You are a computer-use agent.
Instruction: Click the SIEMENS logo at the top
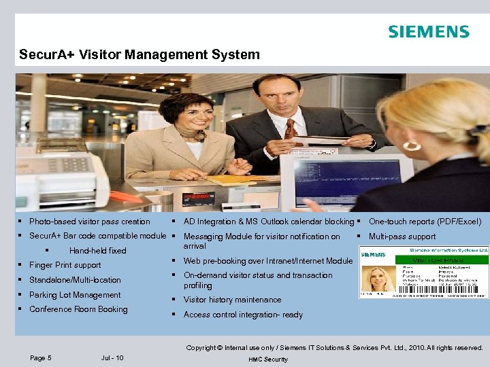click(x=428, y=32)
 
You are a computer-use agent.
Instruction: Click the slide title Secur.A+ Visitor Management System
click(x=140, y=54)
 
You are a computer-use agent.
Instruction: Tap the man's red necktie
click(x=291, y=129)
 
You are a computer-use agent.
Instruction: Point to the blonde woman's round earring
click(x=412, y=145)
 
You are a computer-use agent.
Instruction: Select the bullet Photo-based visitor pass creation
click(x=89, y=222)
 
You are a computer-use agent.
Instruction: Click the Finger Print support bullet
click(x=65, y=265)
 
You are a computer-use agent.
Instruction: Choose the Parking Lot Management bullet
click(x=74, y=295)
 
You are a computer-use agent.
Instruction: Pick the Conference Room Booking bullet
click(x=78, y=309)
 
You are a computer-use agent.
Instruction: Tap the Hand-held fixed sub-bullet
click(x=97, y=251)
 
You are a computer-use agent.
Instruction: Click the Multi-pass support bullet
click(x=402, y=237)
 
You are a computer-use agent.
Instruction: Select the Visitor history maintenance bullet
click(x=232, y=300)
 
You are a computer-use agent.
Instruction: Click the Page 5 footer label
click(x=41, y=358)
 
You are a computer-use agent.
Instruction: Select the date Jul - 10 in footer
click(x=112, y=358)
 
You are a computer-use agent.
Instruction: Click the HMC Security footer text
click(x=268, y=359)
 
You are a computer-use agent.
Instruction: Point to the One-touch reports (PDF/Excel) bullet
click(x=425, y=222)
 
